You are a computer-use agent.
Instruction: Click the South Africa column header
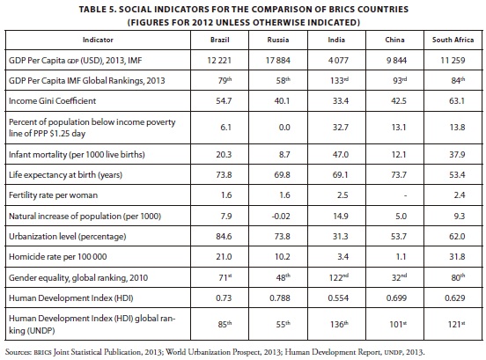tap(453, 40)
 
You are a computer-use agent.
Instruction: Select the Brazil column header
tap(220, 40)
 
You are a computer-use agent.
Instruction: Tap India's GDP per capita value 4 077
tap(338, 60)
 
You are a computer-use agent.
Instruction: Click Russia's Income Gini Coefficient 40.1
tap(282, 101)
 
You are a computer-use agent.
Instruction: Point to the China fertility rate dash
tap(405, 195)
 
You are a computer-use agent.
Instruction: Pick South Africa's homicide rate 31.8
tap(457, 257)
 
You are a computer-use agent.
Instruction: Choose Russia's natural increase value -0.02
tap(281, 216)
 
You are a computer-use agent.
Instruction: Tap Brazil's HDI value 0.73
tap(224, 298)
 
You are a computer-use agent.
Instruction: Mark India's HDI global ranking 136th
tap(339, 324)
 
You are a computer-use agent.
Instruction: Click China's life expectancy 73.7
tap(399, 175)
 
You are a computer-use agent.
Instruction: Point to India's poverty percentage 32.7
tap(341, 128)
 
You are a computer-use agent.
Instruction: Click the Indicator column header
tap(98, 40)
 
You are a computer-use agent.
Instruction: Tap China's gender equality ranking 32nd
tap(400, 277)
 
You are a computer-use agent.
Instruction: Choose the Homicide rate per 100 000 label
tap(57, 257)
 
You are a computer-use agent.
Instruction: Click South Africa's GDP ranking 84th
tap(458, 80)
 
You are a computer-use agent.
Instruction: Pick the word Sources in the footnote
tap(18, 352)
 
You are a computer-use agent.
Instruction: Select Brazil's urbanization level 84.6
tap(224, 237)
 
